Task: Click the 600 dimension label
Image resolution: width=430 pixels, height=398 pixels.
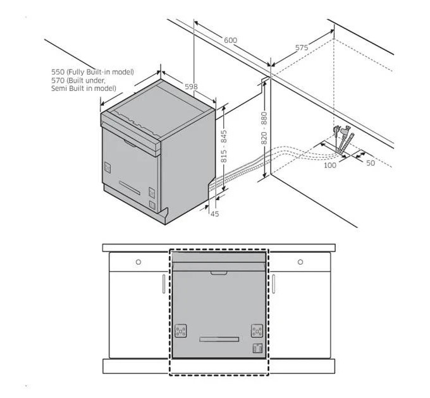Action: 230,40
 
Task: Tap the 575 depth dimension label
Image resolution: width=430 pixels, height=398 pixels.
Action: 302,47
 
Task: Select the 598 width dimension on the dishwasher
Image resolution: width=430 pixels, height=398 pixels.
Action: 191,87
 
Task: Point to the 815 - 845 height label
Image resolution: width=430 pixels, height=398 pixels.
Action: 224,147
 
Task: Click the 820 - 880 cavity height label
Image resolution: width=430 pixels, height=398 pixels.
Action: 264,128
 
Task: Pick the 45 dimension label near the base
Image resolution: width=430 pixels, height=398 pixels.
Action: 215,214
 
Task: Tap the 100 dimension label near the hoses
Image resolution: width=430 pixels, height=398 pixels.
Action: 330,165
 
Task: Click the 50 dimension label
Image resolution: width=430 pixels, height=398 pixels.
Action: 371,163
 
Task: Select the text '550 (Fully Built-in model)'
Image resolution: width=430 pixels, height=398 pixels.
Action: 93,72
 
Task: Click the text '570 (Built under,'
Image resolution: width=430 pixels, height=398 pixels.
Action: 78,80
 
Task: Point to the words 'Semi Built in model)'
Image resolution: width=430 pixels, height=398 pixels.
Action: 83,88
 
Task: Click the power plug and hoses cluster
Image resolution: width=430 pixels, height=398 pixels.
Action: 343,139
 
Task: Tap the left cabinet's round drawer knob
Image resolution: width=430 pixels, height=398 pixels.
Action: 138,262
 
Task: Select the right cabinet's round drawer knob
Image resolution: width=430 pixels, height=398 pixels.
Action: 300,262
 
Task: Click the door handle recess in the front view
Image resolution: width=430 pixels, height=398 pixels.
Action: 219,273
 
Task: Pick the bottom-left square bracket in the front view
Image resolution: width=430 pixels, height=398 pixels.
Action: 181,330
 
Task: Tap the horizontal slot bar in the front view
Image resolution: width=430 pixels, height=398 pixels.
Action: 219,339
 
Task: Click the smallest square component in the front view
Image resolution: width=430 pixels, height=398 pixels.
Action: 257,348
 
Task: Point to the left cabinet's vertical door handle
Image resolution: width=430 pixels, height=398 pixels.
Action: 164,284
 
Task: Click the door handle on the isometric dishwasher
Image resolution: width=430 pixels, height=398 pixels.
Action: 130,143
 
